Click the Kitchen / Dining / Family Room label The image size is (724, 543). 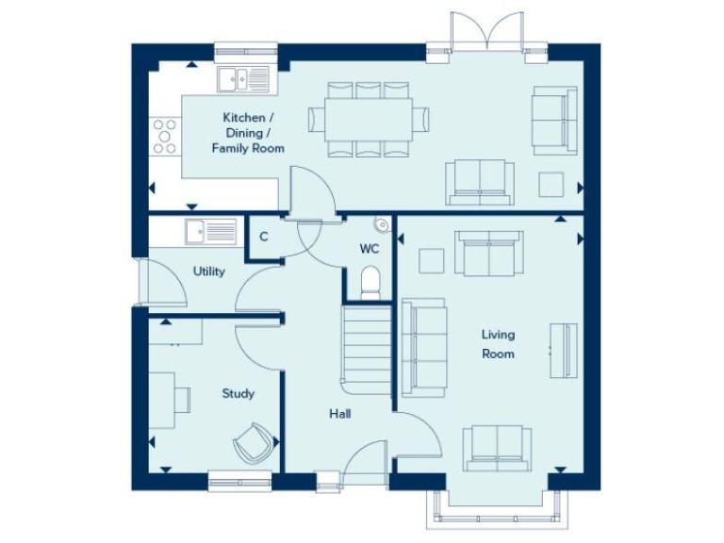[x=248, y=133]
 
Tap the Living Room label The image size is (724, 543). [x=498, y=344]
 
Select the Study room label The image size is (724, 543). [x=238, y=393]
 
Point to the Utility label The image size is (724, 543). [x=208, y=271]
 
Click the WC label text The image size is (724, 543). [x=370, y=249]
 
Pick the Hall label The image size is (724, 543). [x=339, y=414]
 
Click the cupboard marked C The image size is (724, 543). [x=264, y=237]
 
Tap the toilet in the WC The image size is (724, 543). [x=370, y=282]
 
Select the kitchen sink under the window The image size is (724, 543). [x=242, y=80]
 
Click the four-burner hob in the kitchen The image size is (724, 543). [x=165, y=135]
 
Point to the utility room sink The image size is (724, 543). [x=211, y=231]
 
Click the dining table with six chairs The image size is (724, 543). [x=369, y=119]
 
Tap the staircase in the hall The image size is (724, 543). [x=366, y=349]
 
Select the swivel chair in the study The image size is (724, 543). [x=254, y=441]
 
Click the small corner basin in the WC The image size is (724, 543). [x=381, y=223]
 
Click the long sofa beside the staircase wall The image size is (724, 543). [x=423, y=347]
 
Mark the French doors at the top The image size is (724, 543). [x=486, y=33]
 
